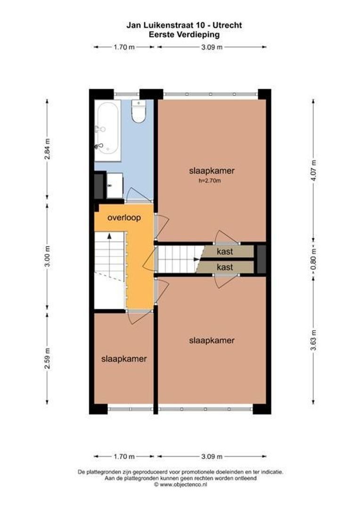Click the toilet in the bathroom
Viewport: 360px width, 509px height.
[x=139, y=113]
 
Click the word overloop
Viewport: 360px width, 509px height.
[x=124, y=218]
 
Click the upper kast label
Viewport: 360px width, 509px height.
[x=225, y=252]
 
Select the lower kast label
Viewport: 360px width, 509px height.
[x=225, y=267]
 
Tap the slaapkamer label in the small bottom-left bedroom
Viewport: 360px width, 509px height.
[x=124, y=359]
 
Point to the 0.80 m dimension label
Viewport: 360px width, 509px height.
[x=314, y=258]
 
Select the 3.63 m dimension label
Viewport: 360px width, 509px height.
[x=314, y=340]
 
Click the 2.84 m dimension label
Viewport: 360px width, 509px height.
[x=47, y=149]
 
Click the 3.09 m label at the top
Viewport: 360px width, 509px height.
[x=212, y=47]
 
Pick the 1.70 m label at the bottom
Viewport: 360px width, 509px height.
[x=124, y=456]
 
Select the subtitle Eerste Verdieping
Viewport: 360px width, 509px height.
[x=184, y=34]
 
